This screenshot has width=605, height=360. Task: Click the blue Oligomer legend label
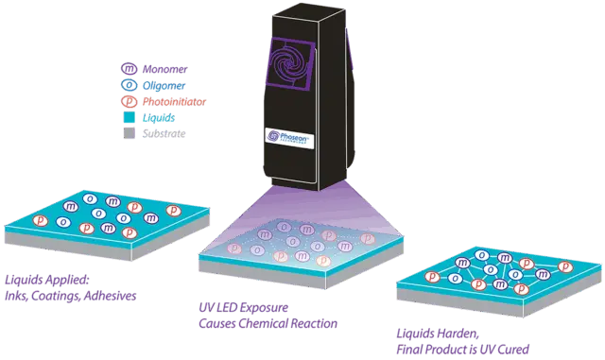162,85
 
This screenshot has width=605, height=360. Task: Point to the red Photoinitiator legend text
175,101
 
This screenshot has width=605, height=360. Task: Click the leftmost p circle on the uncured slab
41,219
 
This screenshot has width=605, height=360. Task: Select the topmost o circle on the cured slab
480,253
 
